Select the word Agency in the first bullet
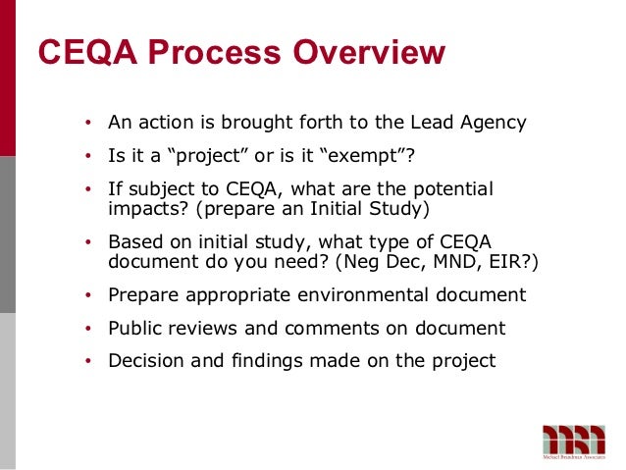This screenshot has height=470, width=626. pyautogui.click(x=490, y=124)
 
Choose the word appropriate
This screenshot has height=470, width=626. pyautogui.click(x=231, y=294)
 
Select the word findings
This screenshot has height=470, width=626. pyautogui.click(x=259, y=360)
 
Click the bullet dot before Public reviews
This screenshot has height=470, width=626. pyautogui.click(x=87, y=329)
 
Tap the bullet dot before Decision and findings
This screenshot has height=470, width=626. pyautogui.click(x=87, y=361)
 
